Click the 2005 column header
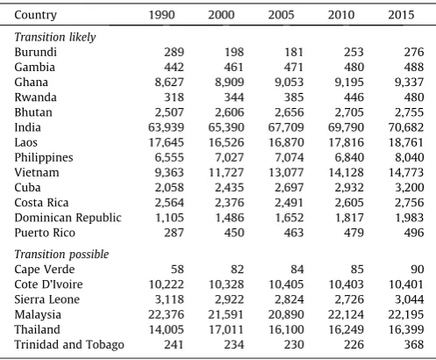(281, 15)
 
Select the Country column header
(35, 15)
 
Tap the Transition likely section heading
(55, 37)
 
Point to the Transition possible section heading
(61, 255)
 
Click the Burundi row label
(35, 52)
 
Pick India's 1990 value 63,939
(166, 127)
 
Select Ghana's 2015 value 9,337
(409, 83)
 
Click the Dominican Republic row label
(68, 218)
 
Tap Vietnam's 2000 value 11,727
(226, 173)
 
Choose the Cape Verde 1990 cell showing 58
(177, 270)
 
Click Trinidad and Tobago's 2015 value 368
(414, 344)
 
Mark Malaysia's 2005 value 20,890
(286, 314)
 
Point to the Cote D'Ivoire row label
(48, 284)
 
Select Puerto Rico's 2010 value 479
(354, 233)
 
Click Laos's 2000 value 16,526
(226, 142)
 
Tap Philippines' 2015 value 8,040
(409, 157)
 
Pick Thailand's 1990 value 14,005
(166, 329)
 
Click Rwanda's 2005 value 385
(294, 97)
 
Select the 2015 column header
(401, 15)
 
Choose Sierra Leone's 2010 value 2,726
(349, 299)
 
